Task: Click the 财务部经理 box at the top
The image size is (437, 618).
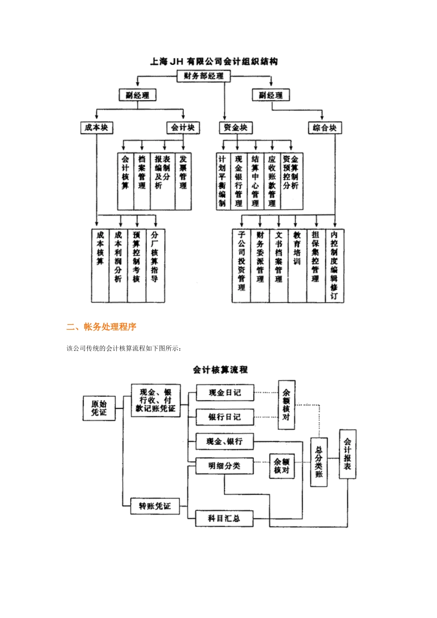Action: [x=203, y=76]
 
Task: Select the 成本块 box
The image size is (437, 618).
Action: [x=97, y=128]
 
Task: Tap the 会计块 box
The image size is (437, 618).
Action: [x=183, y=128]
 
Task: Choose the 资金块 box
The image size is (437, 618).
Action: [x=236, y=128]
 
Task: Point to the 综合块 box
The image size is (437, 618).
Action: [x=325, y=128]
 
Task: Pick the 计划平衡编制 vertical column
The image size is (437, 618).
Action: [x=222, y=181]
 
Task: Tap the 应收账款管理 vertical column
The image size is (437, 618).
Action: [x=272, y=181]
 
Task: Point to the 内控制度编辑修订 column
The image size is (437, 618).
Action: [x=334, y=265]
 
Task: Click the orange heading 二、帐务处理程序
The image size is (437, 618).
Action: [x=102, y=327]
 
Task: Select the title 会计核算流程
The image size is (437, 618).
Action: [x=220, y=370]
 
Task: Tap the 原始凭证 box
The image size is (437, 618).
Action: [x=99, y=408]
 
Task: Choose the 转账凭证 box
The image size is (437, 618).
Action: [x=155, y=506]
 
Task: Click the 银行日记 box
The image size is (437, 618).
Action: [x=224, y=417]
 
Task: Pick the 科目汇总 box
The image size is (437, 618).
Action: [x=224, y=518]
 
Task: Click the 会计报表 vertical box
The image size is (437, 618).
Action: [x=347, y=454]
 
